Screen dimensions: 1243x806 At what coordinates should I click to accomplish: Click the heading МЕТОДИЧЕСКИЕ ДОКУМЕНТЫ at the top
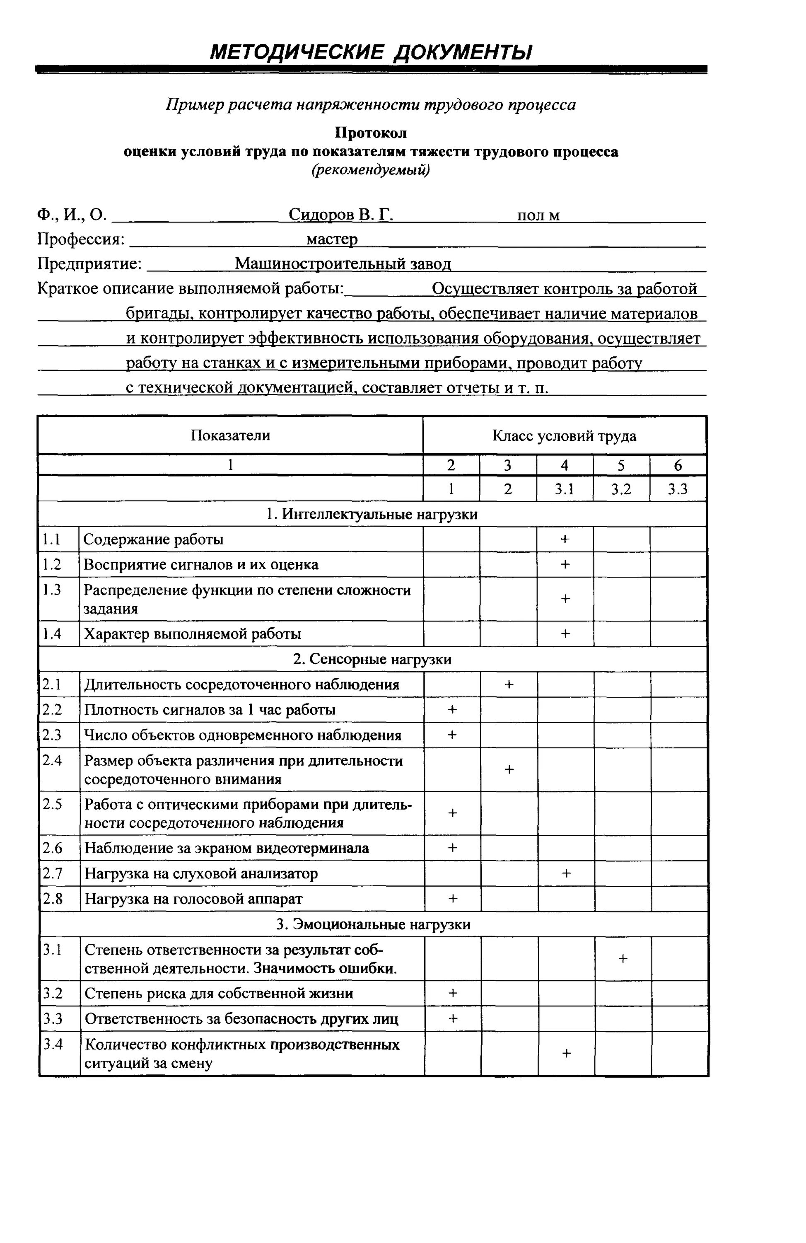click(371, 52)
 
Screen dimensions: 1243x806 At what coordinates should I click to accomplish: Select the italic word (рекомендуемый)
click(371, 170)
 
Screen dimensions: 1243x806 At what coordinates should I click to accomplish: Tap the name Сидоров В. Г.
click(340, 215)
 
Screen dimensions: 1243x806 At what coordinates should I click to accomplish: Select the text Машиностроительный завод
click(343, 264)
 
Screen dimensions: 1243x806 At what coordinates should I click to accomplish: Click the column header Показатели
click(230, 435)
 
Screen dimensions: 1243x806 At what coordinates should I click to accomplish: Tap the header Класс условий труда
click(564, 435)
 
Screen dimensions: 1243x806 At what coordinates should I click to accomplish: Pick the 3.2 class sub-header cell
click(621, 489)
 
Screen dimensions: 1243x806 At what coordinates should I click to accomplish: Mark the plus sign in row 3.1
click(622, 958)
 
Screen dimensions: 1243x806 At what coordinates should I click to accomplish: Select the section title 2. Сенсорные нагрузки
click(372, 659)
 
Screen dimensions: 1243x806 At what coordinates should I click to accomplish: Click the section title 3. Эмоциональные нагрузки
click(373, 924)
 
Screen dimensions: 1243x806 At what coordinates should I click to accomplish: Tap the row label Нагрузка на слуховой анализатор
click(201, 873)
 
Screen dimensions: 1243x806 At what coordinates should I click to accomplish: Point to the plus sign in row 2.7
click(566, 873)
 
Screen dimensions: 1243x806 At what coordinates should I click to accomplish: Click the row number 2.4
click(52, 761)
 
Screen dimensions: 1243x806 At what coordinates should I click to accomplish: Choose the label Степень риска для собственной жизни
click(219, 993)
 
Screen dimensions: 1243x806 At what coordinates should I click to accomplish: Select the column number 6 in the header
click(678, 465)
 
